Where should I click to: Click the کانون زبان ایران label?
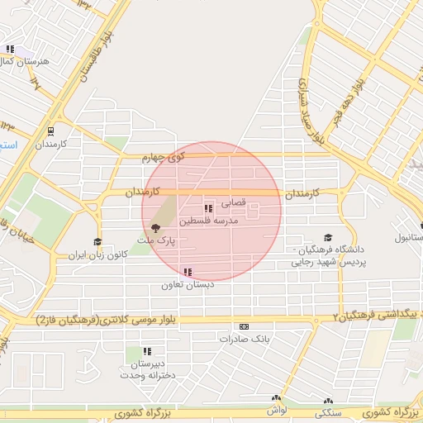point(98,254)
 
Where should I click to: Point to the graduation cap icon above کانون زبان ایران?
point(98,242)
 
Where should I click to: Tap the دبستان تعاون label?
point(188,284)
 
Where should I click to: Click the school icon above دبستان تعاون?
point(188,272)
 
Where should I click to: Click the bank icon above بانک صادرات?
point(243,327)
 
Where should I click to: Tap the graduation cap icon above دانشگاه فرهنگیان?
point(328,237)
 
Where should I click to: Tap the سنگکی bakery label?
point(329,411)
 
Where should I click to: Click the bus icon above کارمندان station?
point(51,131)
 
